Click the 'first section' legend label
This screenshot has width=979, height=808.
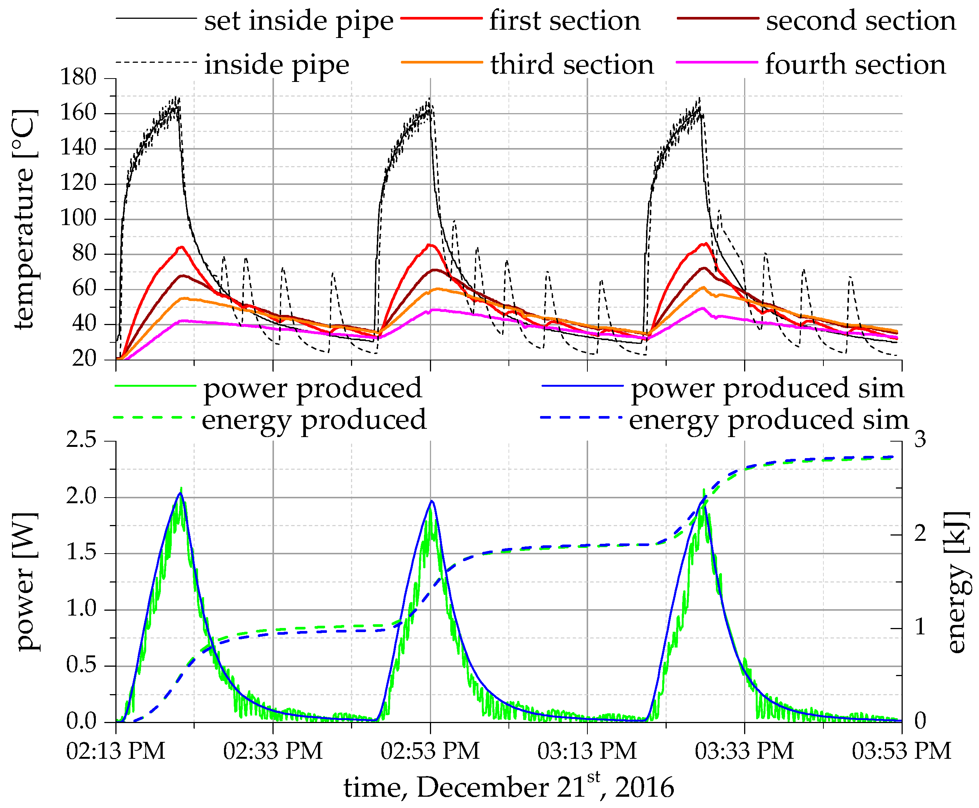[564, 21]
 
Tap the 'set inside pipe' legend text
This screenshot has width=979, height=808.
[298, 21]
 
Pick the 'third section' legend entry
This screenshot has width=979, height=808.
[572, 64]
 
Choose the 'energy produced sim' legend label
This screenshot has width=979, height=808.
[769, 420]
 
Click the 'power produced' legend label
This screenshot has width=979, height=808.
[312, 388]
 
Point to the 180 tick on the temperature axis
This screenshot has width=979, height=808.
[78, 77]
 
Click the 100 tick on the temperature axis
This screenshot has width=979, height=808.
[78, 218]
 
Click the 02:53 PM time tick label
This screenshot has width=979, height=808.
[430, 751]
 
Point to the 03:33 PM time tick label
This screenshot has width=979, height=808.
[744, 751]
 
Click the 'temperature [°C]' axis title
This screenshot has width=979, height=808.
[24, 219]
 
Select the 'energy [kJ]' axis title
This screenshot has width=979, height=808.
[958, 582]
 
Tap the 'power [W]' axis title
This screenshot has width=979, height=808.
[27, 582]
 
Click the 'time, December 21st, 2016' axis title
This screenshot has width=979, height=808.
[509, 787]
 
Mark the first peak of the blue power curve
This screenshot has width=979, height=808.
[180, 493]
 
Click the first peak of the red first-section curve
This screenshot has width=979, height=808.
[181, 247]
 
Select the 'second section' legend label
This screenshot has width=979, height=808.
[861, 21]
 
